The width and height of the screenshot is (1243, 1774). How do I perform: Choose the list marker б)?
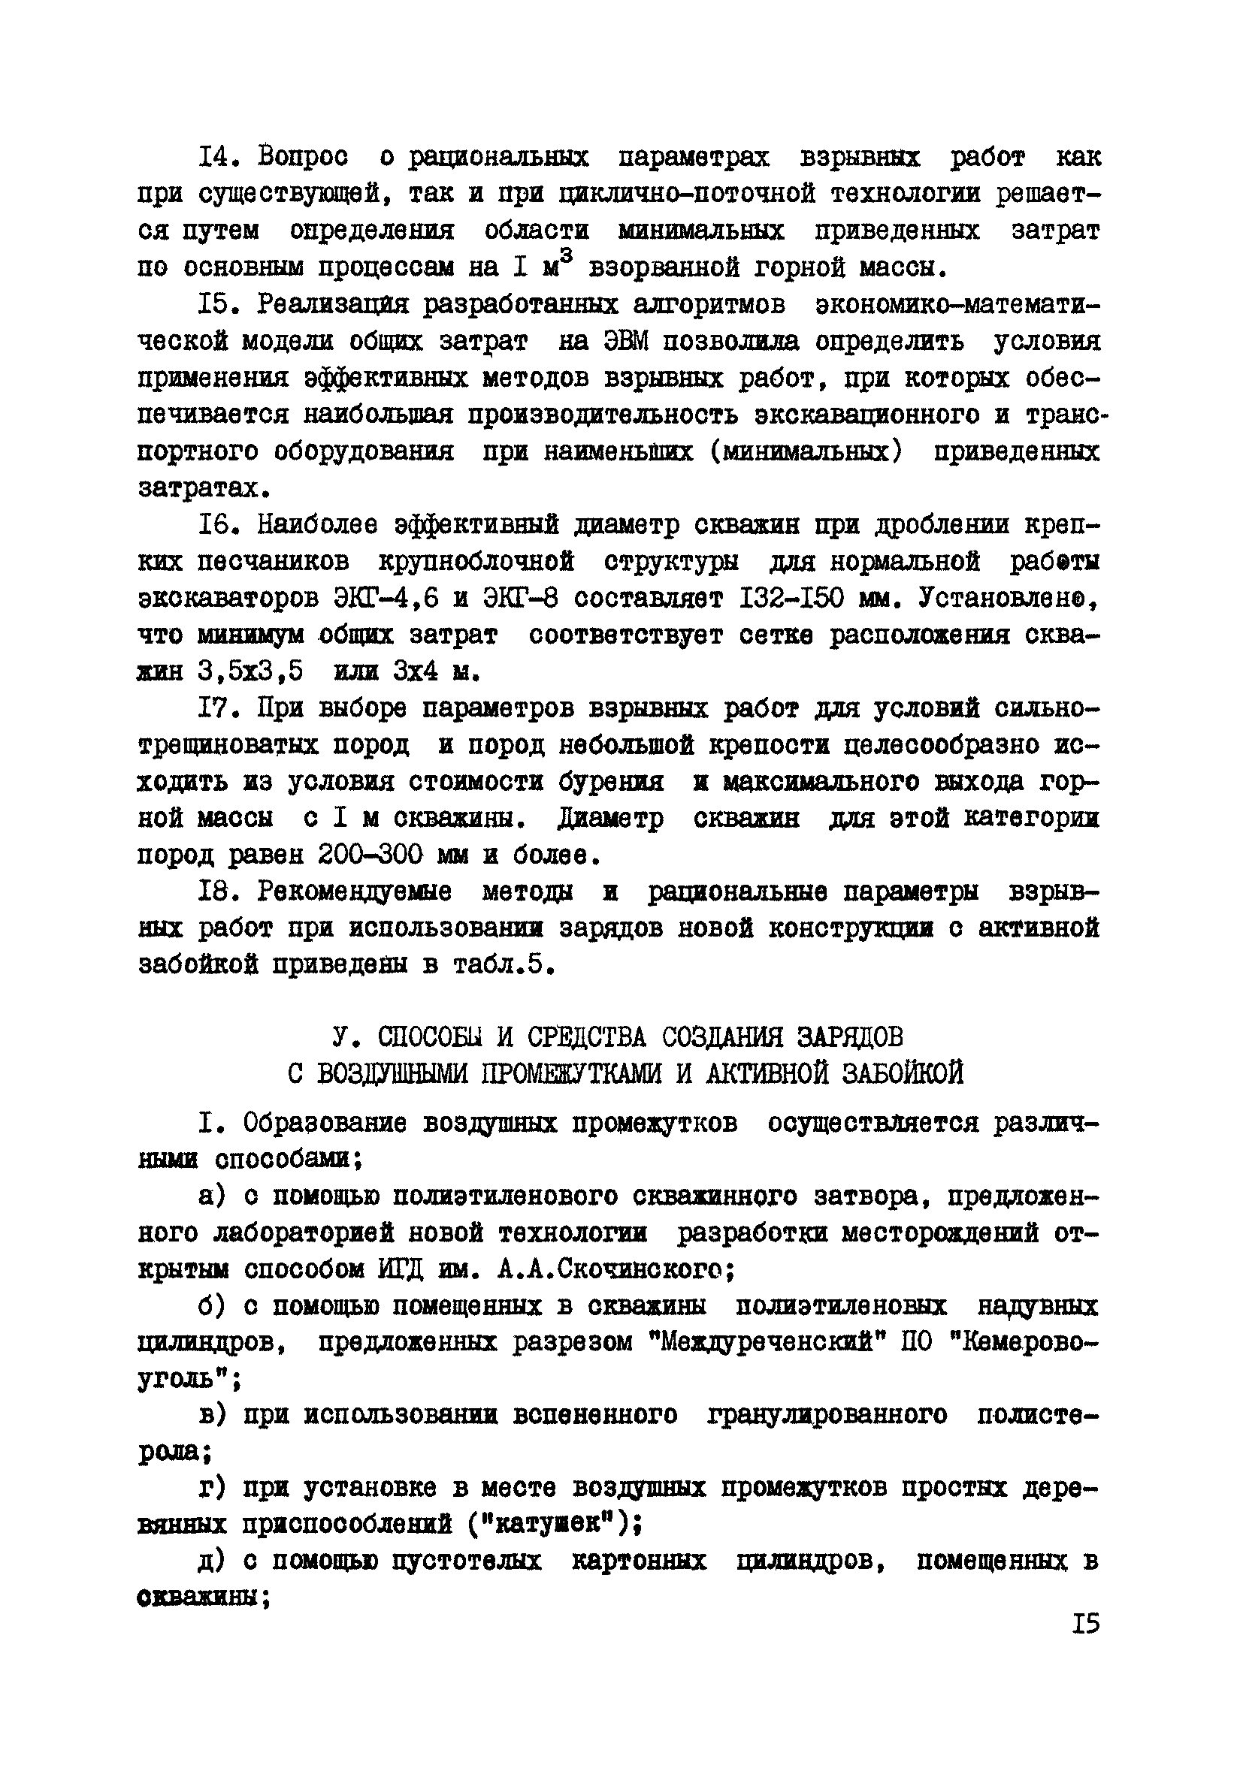(211, 1307)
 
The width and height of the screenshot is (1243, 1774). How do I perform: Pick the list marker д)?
(211, 1561)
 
